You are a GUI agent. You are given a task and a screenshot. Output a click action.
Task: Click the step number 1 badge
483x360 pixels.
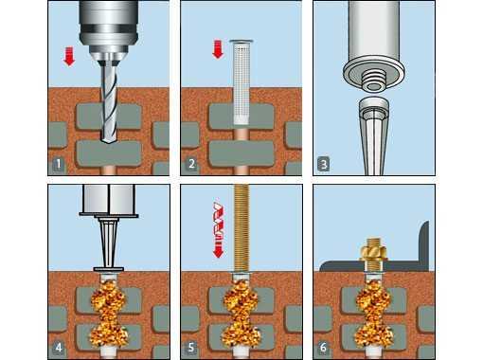58,164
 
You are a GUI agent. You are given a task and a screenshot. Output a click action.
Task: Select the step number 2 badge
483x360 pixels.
191,164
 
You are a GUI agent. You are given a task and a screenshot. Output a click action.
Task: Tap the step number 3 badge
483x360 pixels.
324,164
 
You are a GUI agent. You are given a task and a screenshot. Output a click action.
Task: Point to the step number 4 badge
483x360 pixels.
59,348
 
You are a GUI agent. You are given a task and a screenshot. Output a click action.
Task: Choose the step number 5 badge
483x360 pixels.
191,348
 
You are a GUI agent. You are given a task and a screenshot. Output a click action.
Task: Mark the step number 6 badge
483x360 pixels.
323,348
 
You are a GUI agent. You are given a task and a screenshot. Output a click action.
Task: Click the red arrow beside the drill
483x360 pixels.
69,56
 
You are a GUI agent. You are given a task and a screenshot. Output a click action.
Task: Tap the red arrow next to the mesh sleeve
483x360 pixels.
218,49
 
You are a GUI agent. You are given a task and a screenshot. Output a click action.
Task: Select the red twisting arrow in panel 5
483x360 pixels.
219,229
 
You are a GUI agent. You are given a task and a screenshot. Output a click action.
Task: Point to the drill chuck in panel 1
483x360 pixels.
109,31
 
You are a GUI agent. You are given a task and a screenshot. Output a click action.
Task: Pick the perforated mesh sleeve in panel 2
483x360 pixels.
242,81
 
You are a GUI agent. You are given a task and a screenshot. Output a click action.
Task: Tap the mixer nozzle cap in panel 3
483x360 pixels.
374,108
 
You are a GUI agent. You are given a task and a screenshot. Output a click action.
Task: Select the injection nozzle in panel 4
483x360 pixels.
109,243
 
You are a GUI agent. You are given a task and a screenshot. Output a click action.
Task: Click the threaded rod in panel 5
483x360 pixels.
241,227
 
